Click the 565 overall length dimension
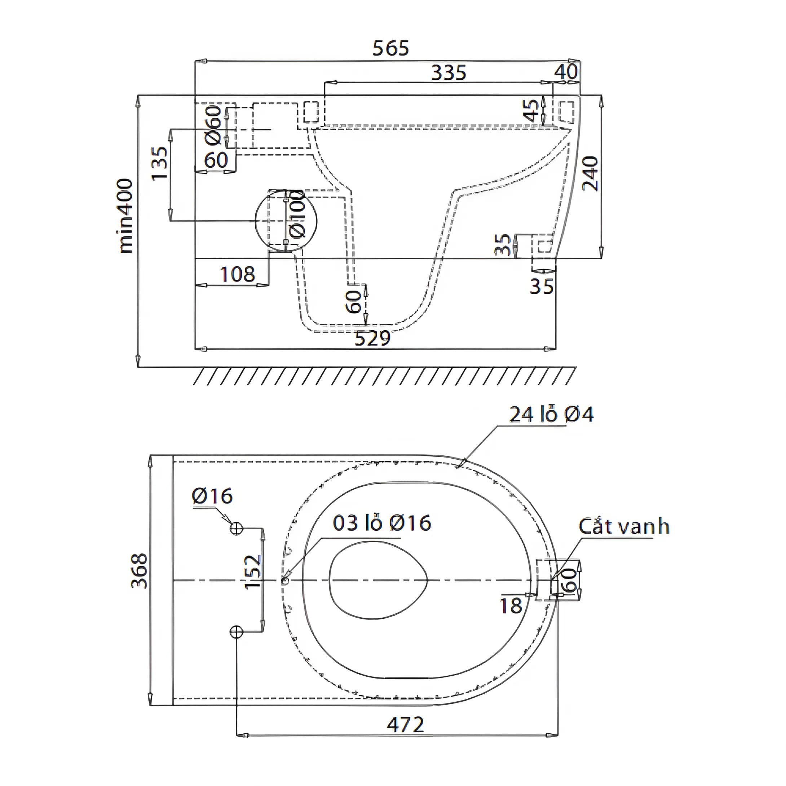click(x=390, y=48)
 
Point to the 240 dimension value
click(x=590, y=173)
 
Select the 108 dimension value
click(x=238, y=274)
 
